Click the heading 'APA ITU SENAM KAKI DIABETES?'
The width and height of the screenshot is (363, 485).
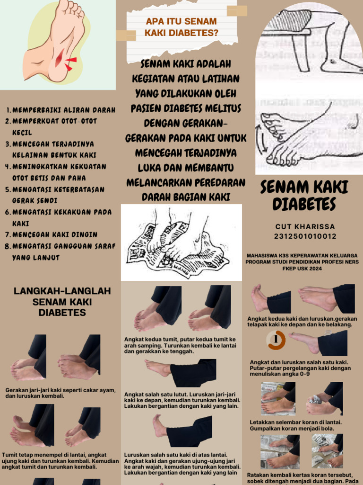[x=181, y=27]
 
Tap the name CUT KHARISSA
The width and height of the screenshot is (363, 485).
[x=305, y=227]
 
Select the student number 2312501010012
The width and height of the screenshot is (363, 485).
[x=305, y=236]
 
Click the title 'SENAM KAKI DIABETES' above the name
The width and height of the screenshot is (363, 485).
[x=304, y=195]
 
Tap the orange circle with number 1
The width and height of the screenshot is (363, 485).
[x=276, y=340]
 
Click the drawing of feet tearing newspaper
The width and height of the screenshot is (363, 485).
[x=181, y=242]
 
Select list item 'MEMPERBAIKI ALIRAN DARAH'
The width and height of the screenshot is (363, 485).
[x=63, y=110]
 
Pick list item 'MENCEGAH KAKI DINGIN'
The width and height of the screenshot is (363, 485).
[x=55, y=234]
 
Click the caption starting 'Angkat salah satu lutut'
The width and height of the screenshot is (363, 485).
[x=181, y=400]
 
